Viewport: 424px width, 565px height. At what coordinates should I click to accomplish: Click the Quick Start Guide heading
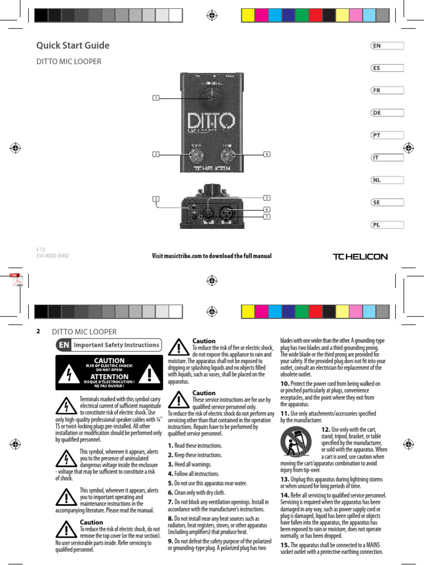click(x=73, y=45)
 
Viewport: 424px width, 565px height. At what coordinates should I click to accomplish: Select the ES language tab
click(x=387, y=68)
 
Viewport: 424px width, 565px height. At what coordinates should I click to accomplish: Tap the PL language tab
click(x=387, y=225)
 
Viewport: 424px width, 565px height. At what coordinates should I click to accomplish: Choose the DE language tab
click(x=387, y=113)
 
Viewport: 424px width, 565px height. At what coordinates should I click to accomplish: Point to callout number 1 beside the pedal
click(x=156, y=98)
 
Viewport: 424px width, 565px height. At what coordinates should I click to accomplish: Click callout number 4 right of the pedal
click(x=267, y=154)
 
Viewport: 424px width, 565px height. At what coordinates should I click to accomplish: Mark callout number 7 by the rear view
click(x=267, y=217)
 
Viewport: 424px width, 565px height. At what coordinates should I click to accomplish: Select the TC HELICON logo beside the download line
click(x=359, y=257)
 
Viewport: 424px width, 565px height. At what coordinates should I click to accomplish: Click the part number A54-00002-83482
click(x=52, y=256)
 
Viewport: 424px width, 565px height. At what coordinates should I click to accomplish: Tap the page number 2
click(x=39, y=332)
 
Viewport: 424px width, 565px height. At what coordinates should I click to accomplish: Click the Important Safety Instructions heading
click(x=116, y=345)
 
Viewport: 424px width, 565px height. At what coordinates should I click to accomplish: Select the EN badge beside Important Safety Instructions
click(x=63, y=345)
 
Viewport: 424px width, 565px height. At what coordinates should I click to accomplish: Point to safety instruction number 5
click(x=171, y=483)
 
